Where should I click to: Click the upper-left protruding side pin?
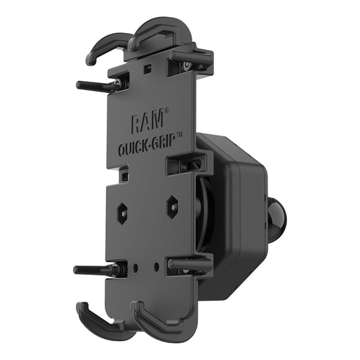[95, 86]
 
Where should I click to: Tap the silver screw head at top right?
[186, 66]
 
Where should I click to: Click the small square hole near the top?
[147, 70]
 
